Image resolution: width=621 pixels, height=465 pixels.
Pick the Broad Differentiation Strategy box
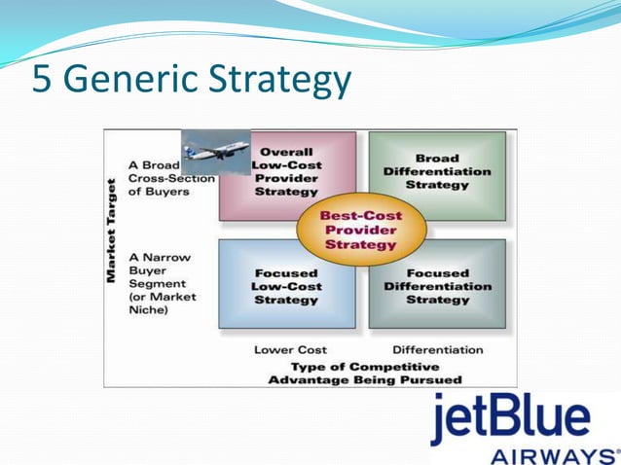437,172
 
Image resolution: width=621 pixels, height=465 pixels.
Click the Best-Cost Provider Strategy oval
363,230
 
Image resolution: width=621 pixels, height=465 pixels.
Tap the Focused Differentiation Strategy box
437,286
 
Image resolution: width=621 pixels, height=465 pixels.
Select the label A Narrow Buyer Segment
161,271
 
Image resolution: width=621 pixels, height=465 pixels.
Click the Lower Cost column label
290,349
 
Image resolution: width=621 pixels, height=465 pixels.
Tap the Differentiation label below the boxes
437,349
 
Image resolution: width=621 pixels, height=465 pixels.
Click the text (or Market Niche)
163,304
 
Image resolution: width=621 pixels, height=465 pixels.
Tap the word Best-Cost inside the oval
363,215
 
